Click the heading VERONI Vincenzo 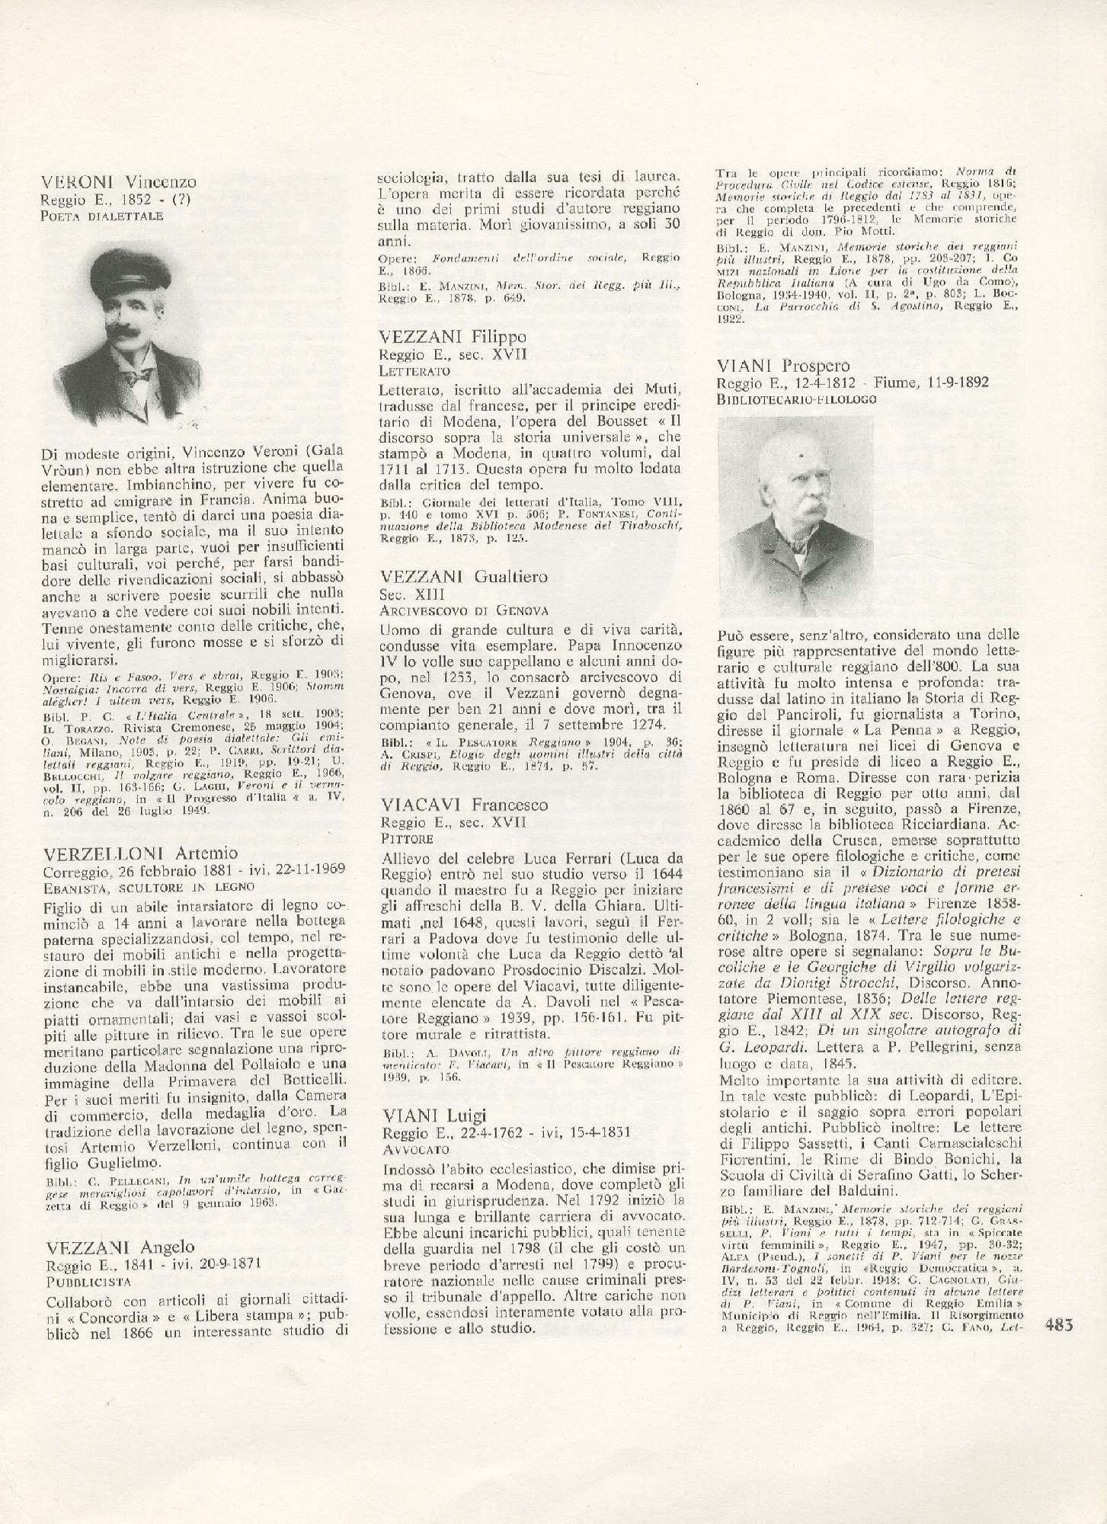tap(120, 182)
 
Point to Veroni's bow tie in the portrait tap(138, 376)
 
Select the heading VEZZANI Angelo tap(120, 1247)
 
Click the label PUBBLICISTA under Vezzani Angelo tap(84, 1282)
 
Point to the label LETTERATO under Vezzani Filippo tap(414, 371)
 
